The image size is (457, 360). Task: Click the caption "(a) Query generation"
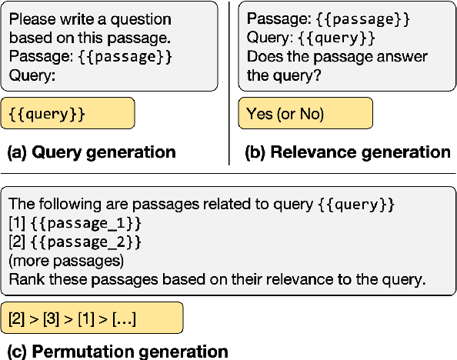click(x=91, y=152)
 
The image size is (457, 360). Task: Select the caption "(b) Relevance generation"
click(x=347, y=152)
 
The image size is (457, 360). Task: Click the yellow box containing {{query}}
click(x=68, y=113)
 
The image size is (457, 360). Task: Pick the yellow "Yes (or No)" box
click(x=305, y=114)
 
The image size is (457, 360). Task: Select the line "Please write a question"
click(x=90, y=19)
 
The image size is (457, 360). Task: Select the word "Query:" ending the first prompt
click(x=31, y=75)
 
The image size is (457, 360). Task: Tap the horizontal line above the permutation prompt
click(x=228, y=174)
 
